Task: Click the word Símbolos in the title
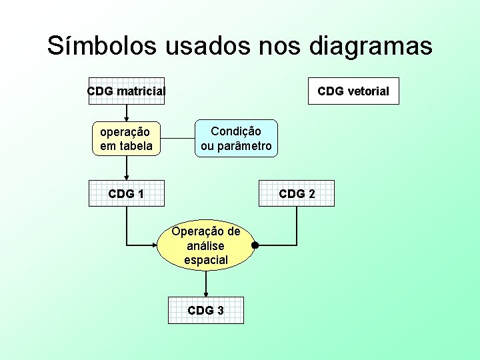pos(102,46)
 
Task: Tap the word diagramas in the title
pos(371,46)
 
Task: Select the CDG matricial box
pos(126,91)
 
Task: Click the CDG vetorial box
pos(353,91)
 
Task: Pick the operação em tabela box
pos(126,139)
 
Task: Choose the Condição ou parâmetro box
pos(236,139)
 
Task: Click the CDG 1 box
pos(126,194)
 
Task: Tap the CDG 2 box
pos(297,194)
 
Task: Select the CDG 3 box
pos(206,311)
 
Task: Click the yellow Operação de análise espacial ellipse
pos(206,245)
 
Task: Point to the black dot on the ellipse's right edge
pos(255,245)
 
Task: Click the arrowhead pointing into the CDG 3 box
pos(206,294)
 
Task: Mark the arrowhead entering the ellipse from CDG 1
pos(154,245)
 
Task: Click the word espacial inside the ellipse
pos(206,260)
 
